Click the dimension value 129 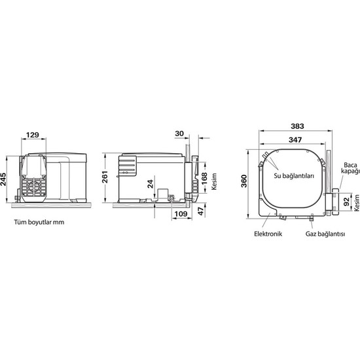click(32, 135)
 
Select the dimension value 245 click(3, 179)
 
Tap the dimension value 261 click(105, 177)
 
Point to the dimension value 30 click(179, 134)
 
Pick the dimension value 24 click(150, 184)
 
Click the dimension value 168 click(204, 179)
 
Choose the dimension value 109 click(181, 214)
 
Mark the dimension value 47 click(201, 211)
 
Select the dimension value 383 click(297, 126)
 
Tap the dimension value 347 click(295, 139)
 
